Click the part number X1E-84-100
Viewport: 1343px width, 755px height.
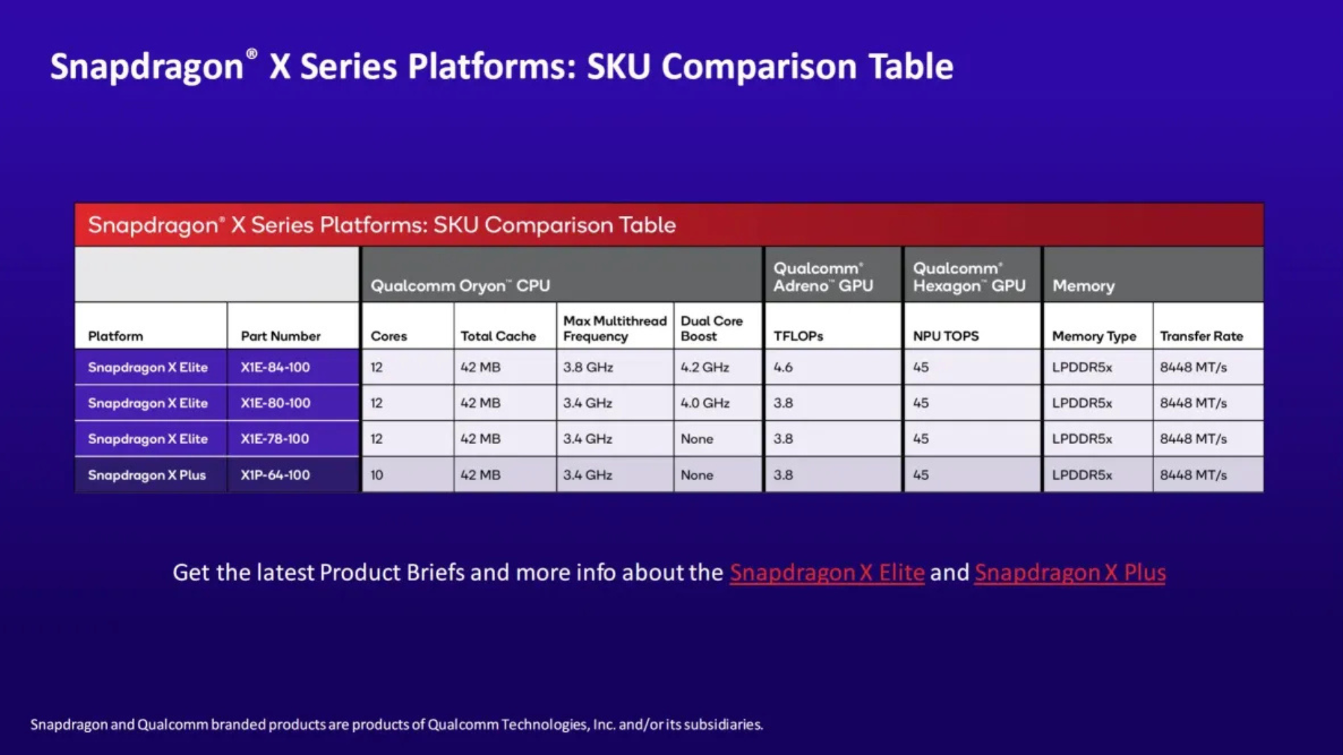[275, 368]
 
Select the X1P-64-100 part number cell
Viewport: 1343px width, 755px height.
[275, 475]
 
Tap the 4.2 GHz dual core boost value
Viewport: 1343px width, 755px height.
[704, 368]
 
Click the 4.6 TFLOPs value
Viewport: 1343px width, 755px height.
[783, 368]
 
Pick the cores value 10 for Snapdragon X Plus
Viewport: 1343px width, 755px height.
[376, 475]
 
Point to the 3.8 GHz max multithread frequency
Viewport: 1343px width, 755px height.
[588, 368]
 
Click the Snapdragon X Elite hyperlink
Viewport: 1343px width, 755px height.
[827, 573]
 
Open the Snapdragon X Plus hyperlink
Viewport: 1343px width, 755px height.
[1070, 573]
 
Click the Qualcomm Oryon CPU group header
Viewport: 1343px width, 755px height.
[460, 286]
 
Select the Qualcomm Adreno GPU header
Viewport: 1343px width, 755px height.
[823, 278]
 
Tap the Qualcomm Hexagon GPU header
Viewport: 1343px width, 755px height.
[969, 278]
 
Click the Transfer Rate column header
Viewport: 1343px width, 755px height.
[1201, 336]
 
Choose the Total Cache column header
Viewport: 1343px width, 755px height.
[498, 336]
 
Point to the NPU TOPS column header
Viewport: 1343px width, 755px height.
[946, 336]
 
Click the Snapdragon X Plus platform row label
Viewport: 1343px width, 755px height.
[147, 475]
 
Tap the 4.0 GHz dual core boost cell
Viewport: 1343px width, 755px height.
[704, 403]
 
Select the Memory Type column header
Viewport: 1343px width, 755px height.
[1094, 336]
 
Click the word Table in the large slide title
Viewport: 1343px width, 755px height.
[911, 67]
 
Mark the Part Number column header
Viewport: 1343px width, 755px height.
[280, 336]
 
